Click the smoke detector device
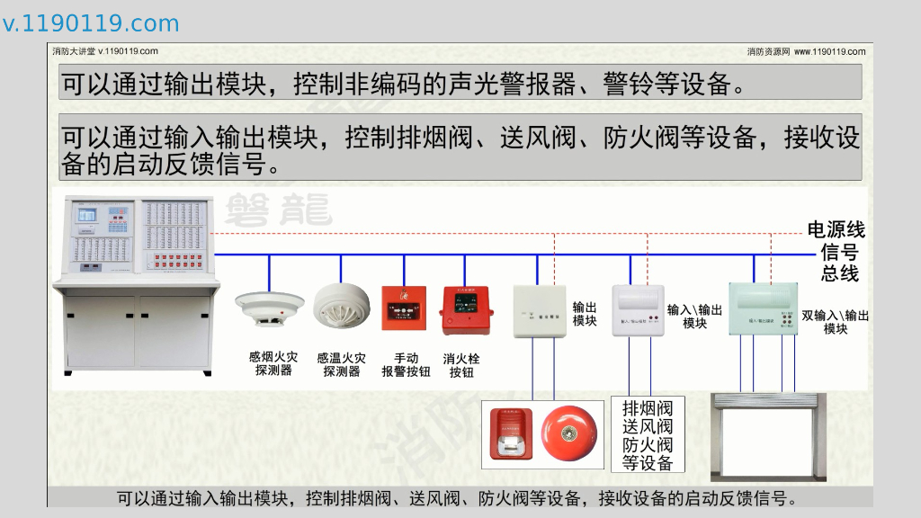pos(269,308)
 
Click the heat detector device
pos(341,306)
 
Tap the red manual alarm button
pos(404,308)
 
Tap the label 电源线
pos(836,230)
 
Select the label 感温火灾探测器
pos(341,364)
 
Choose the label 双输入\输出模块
pos(835,322)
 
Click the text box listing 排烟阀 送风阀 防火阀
pos(647,435)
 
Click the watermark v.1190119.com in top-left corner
pos(91,23)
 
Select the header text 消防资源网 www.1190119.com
pos(806,51)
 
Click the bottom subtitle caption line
pos(459,498)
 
